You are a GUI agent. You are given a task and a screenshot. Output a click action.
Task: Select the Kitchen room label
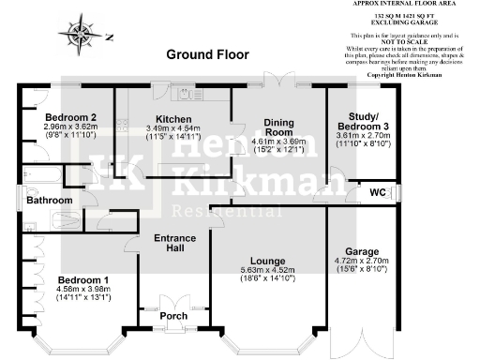[x=173, y=120]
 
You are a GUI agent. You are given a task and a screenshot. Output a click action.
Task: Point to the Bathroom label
[x=49, y=201]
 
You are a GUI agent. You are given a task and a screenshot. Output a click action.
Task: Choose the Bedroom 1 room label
[x=83, y=280]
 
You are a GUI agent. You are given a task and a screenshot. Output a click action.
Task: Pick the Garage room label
[x=361, y=252]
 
